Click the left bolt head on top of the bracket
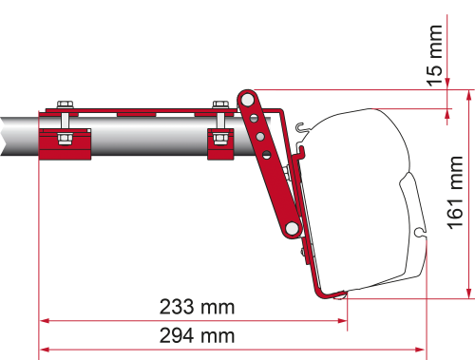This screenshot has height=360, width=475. pos(64,102)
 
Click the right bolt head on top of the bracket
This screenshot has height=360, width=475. pos(219,102)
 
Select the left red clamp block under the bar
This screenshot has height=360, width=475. pos(64,142)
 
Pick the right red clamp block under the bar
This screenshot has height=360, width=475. pos(219,142)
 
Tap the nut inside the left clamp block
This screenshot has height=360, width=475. pos(64,140)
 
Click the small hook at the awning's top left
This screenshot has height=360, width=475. pos(300,128)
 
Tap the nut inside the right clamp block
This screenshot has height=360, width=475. pos(219,140)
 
